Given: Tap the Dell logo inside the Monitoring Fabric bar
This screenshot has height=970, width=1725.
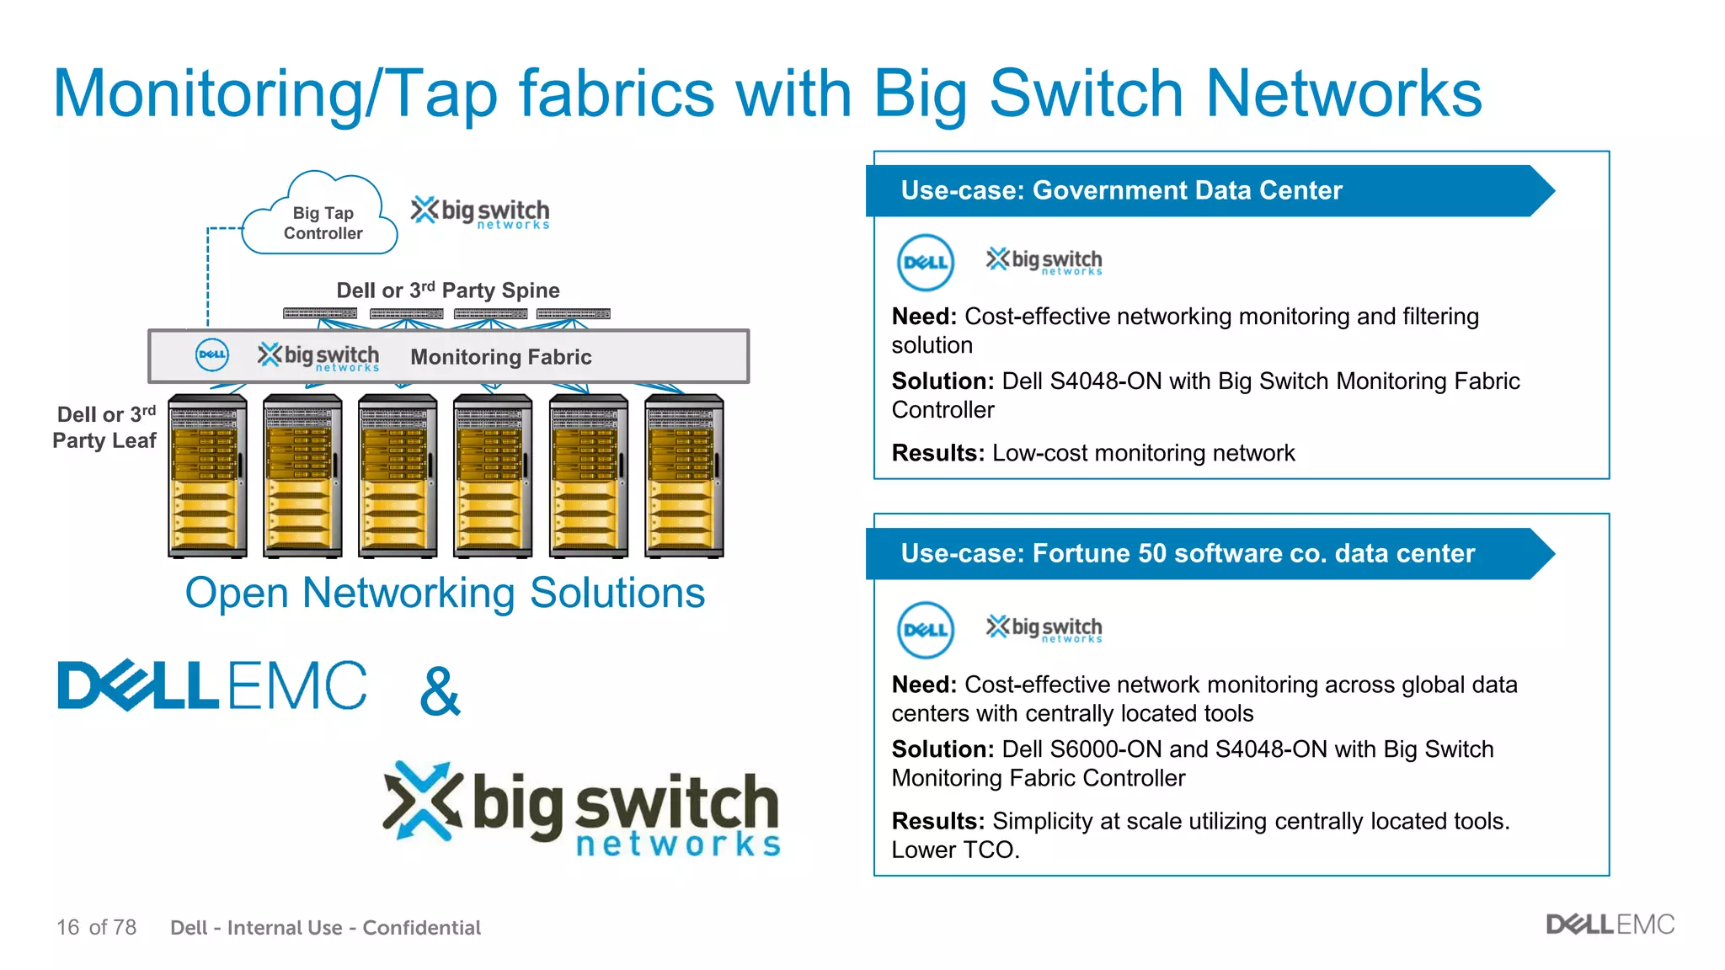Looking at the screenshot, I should pos(211,355).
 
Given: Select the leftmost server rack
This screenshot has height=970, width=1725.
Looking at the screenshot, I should pos(207,476).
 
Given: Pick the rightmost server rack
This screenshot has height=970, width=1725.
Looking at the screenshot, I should pos(684,476).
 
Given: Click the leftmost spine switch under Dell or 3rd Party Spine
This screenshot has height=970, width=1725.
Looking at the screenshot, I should pos(320,313).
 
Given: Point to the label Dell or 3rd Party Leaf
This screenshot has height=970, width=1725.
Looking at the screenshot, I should pos(105,428).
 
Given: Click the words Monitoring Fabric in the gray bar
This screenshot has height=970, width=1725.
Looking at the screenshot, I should pos(501,357).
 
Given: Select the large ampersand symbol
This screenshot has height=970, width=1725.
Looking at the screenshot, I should pos(440,691).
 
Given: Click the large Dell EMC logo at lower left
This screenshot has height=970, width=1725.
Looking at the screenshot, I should pos(211,685).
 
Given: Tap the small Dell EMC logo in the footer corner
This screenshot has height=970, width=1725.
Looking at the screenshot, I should pos(1610,925).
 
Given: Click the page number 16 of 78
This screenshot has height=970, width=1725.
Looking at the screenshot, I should pos(96,927).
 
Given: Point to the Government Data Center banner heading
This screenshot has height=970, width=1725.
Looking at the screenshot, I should pos(1120,190).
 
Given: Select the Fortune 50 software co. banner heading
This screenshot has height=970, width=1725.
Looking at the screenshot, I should pos(1187,553).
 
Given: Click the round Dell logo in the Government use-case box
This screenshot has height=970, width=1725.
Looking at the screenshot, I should pos(925,263).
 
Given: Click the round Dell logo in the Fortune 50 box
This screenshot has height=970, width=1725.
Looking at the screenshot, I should pos(925,630).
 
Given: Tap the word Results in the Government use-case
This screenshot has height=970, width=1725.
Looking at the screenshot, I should pos(937,453).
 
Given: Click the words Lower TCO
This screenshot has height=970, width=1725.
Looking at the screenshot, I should pos(954,850).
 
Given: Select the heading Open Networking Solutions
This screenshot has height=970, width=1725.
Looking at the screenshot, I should pos(445,593).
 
